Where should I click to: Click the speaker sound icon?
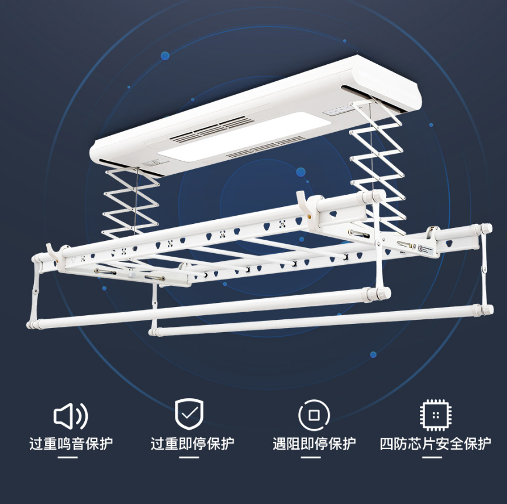click(x=70, y=416)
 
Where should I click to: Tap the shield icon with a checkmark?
click(x=189, y=414)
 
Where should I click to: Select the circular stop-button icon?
click(x=313, y=415)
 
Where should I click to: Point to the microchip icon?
click(x=436, y=415)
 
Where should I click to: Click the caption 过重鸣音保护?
click(x=71, y=444)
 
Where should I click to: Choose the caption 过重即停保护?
click(x=192, y=444)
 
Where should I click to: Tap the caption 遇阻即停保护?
click(x=314, y=444)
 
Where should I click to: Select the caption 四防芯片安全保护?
click(x=435, y=444)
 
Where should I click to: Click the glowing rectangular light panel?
click(x=245, y=136)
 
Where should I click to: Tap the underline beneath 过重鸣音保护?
click(x=68, y=457)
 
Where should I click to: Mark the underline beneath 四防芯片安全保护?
click(x=432, y=457)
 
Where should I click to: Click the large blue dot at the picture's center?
click(x=301, y=172)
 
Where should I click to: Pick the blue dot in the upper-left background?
click(x=165, y=56)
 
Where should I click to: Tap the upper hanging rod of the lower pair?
click(x=209, y=308)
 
